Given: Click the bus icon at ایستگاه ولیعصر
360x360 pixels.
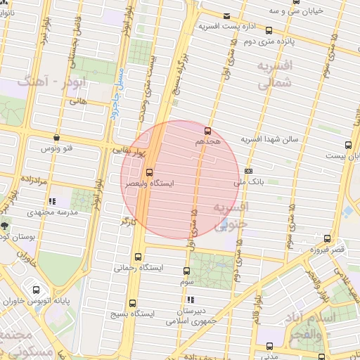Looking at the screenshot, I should point(149,172).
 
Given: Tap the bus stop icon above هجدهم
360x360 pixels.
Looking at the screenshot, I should point(207,131).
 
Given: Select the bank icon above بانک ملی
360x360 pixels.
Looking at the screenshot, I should point(248,171).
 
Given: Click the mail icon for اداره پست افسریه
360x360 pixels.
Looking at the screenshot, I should point(226,16).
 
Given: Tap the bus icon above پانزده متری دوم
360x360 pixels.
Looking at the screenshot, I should point(269,30).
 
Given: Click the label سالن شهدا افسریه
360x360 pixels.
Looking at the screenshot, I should point(271,139).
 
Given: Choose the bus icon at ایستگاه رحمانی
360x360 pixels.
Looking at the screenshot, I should point(136,257).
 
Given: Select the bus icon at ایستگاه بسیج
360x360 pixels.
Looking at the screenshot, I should point(131,301).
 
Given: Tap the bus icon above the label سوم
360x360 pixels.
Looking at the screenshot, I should point(186,271).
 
